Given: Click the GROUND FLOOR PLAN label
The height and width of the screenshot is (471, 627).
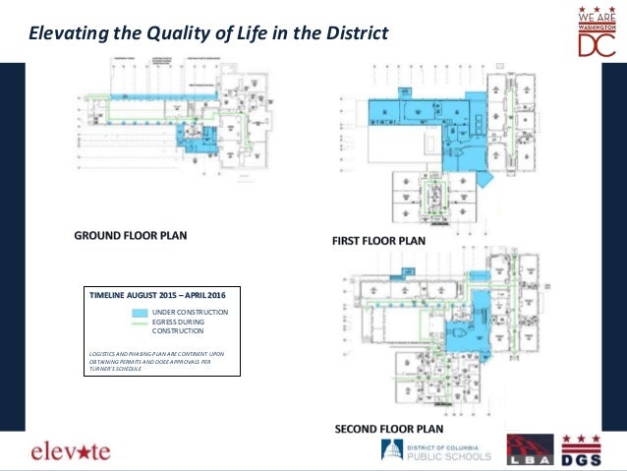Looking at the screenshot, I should pyautogui.click(x=131, y=236).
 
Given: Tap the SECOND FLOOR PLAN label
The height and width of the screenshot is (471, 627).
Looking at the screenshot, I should pyautogui.click(x=389, y=429).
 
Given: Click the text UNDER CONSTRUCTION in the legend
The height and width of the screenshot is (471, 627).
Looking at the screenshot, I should pyautogui.click(x=196, y=312).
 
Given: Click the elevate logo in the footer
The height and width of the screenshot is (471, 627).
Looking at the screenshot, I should pyautogui.click(x=71, y=451).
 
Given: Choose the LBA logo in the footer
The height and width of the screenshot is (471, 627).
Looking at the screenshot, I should pyautogui.click(x=528, y=451).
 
